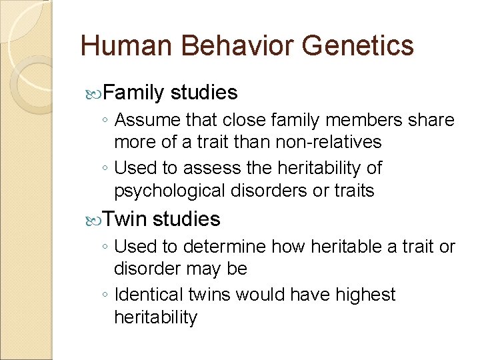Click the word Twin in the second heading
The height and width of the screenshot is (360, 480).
click(x=125, y=219)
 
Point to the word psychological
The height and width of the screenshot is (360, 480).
click(x=170, y=191)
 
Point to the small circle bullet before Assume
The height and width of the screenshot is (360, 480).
click(x=105, y=121)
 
